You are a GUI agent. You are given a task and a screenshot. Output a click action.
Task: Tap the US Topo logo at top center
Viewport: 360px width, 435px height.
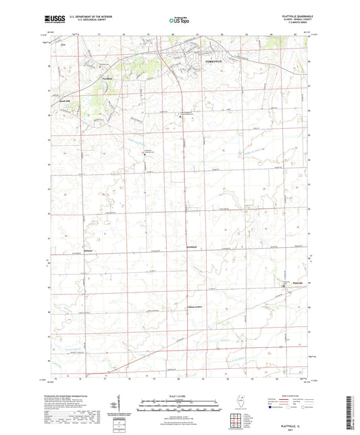[x=179, y=20]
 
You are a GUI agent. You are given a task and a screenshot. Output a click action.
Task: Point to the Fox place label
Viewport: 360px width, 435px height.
[x=63, y=46]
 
